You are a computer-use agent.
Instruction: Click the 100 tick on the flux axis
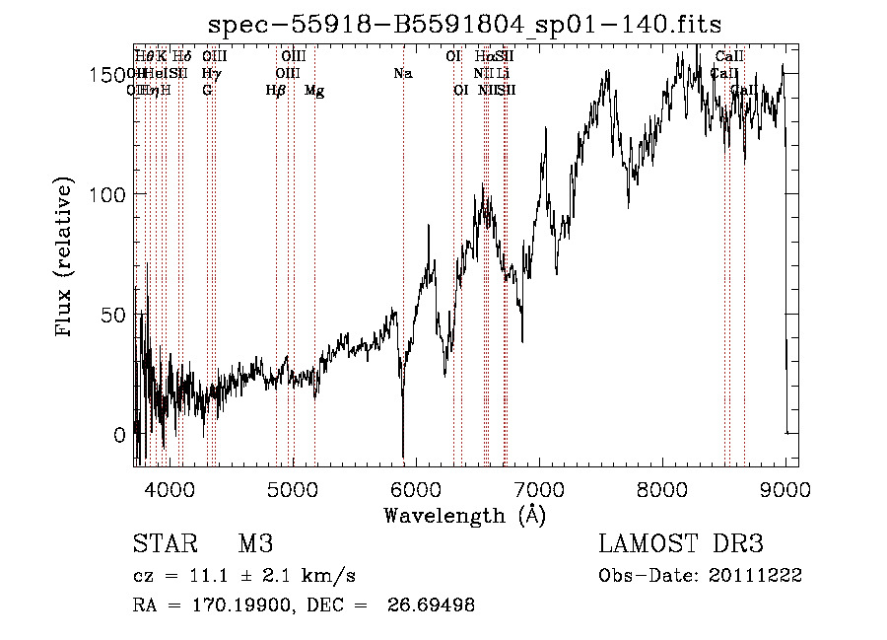[x=111, y=194]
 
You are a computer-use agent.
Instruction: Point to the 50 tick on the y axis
[x=117, y=315]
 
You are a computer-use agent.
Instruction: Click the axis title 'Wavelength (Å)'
[x=464, y=515]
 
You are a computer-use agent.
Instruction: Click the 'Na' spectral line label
[x=402, y=74]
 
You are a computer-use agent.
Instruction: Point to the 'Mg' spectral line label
[x=313, y=91]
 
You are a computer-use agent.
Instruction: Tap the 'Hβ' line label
[x=276, y=91]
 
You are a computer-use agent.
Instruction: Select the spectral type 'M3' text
[x=255, y=544]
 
